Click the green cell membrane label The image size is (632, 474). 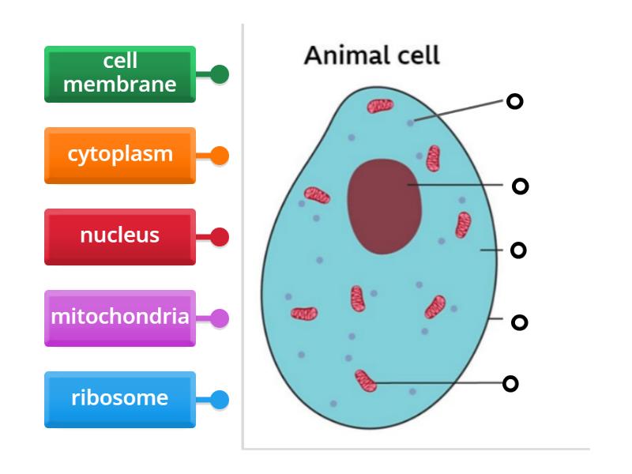119,73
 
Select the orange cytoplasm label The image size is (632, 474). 119,155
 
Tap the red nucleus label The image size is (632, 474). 119,236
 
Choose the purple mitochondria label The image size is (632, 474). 119,318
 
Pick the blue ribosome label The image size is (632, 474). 119,399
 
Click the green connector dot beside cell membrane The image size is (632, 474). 220,74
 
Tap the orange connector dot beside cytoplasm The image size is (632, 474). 220,156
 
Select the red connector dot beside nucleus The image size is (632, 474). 220,237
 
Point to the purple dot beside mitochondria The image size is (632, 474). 220,318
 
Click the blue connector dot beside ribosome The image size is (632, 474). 220,400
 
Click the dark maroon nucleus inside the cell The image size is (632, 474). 385,205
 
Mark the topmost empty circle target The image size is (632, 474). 514,101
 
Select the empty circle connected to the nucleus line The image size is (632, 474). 520,186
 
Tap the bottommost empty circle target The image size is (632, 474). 511,384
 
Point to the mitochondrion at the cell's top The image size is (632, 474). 380,106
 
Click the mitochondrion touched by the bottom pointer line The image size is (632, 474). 365,381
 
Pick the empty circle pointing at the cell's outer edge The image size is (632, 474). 519,322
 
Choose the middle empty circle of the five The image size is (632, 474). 518,250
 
